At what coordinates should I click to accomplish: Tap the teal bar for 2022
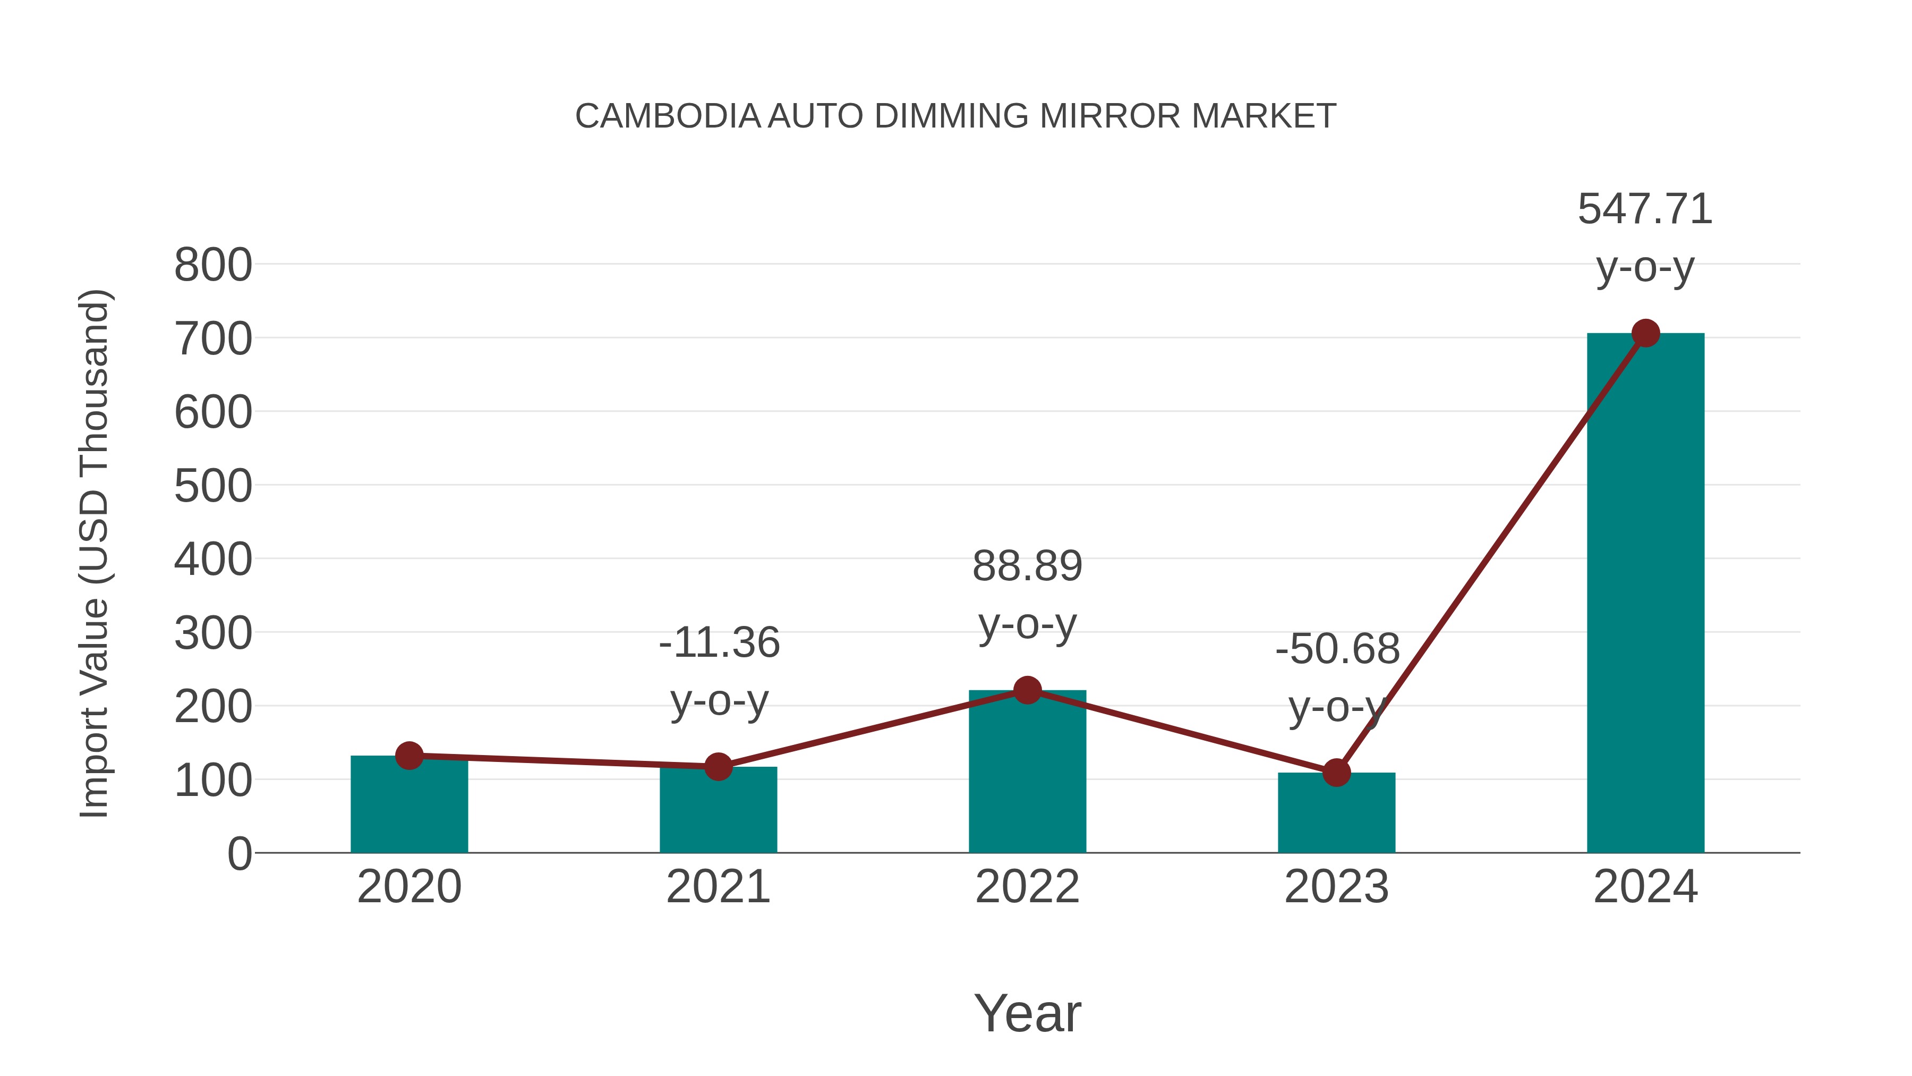pyautogui.click(x=1027, y=776)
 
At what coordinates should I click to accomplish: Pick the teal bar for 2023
pyautogui.click(x=1336, y=815)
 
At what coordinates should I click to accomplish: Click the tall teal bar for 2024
pyautogui.click(x=1645, y=594)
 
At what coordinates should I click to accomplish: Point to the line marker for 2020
pyautogui.click(x=409, y=756)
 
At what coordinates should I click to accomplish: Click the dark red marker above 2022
pyautogui.click(x=1027, y=691)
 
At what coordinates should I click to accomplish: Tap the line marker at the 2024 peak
pyautogui.click(x=1645, y=333)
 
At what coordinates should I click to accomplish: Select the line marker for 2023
pyautogui.click(x=1336, y=773)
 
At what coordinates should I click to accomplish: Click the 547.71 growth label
pyautogui.click(x=1645, y=209)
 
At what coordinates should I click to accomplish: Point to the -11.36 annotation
pyautogui.click(x=719, y=643)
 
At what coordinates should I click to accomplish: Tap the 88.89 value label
pyautogui.click(x=1027, y=566)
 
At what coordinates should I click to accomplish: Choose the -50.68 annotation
pyautogui.click(x=1337, y=650)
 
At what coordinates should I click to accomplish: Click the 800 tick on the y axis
pyautogui.click(x=213, y=265)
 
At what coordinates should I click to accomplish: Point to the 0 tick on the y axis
pyautogui.click(x=239, y=854)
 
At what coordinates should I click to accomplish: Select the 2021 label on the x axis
pyautogui.click(x=718, y=887)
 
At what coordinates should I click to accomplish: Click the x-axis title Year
pyautogui.click(x=1027, y=1014)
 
